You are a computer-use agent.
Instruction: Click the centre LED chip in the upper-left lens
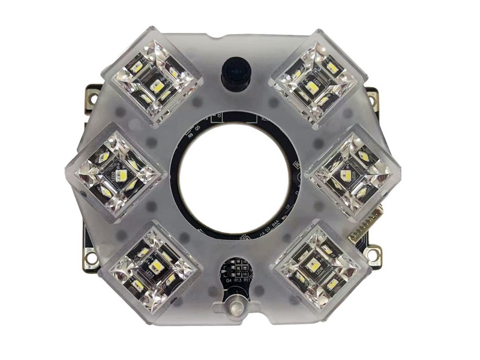157,86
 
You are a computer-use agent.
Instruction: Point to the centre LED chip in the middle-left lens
119,175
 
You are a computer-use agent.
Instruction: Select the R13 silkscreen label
238,280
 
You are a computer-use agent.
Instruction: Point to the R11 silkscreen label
248,280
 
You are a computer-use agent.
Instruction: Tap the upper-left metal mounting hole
93,94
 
